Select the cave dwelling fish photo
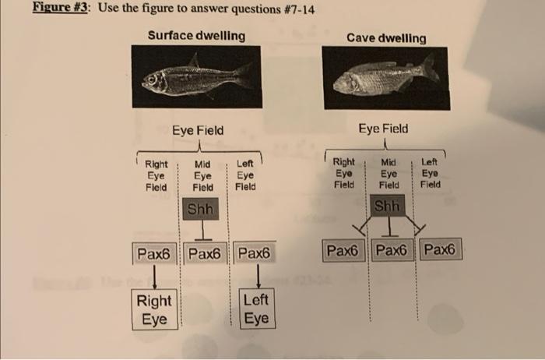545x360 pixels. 385,78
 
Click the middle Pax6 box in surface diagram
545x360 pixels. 205,253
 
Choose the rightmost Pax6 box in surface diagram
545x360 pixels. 255,253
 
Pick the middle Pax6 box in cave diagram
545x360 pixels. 394,251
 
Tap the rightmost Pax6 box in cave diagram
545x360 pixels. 441,250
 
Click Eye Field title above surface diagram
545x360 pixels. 198,130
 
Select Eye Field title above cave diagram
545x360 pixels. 383,128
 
